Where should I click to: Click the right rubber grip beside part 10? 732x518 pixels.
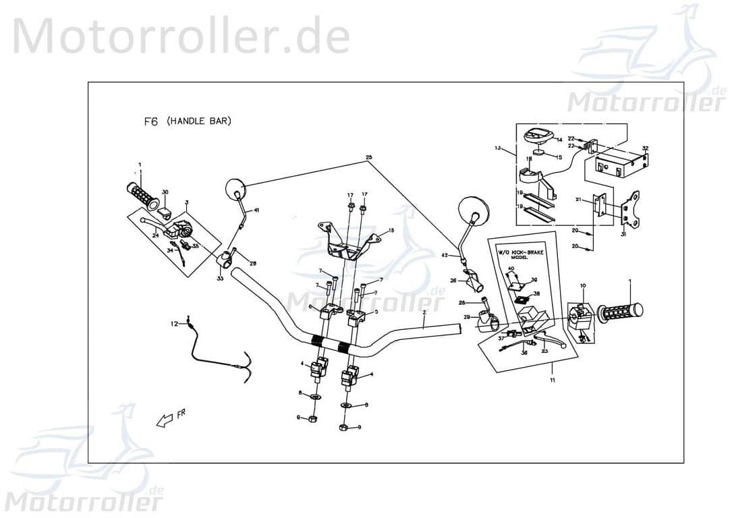619,312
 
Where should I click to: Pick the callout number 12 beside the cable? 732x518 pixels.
174,324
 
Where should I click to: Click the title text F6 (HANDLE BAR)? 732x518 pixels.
188,122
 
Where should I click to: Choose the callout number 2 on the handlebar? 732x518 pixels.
424,314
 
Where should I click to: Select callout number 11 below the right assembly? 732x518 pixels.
552,382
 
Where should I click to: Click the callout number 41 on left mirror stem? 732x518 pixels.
256,210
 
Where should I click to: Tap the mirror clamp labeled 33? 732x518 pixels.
225,259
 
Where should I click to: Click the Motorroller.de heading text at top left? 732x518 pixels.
181,36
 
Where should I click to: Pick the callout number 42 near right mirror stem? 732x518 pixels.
444,256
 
